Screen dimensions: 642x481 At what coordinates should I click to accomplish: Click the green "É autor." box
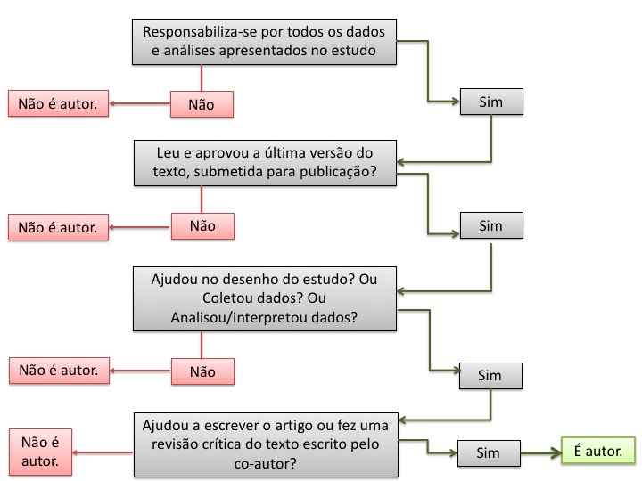(598, 451)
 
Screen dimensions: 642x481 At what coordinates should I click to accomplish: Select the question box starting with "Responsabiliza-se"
(264, 41)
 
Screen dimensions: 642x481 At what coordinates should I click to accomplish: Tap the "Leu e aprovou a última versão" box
(265, 163)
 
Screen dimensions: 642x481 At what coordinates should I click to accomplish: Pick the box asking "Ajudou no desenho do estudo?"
(265, 298)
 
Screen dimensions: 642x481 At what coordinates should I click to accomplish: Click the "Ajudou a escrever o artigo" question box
(266, 444)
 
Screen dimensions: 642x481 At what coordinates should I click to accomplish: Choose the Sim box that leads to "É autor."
(489, 453)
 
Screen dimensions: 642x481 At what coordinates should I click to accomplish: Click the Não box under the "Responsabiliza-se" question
(202, 104)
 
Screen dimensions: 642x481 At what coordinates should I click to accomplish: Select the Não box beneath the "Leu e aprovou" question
(202, 226)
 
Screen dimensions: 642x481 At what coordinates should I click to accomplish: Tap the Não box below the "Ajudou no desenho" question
(202, 371)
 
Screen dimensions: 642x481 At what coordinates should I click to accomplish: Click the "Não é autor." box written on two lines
(40, 452)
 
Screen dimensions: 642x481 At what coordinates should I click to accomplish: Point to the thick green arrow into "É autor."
(541, 452)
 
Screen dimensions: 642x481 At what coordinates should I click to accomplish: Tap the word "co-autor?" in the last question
(265, 463)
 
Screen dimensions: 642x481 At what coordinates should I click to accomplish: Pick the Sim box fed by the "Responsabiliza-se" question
(491, 102)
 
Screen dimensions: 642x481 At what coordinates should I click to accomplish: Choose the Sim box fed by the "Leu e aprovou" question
(491, 225)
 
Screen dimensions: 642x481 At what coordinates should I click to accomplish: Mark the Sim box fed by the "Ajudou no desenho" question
(490, 376)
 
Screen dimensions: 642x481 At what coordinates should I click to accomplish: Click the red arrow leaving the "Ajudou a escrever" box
(103, 452)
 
